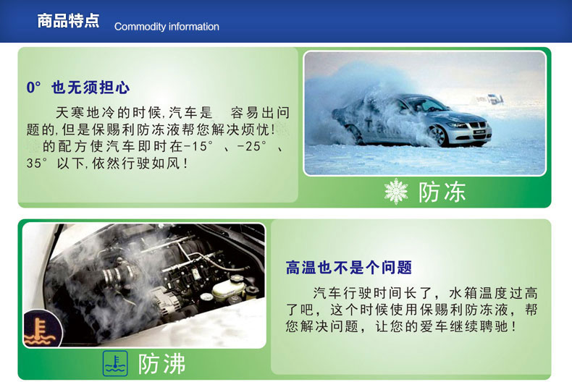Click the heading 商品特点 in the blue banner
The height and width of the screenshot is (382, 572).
point(68,21)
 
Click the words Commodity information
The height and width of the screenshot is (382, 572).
point(167,27)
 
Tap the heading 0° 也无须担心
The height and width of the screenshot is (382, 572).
point(78,88)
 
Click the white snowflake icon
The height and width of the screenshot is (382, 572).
point(396,191)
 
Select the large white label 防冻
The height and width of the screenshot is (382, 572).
point(442,192)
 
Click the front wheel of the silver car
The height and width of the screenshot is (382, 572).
point(438,135)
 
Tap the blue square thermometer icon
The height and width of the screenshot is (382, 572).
point(115,363)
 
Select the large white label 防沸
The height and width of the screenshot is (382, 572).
point(161,363)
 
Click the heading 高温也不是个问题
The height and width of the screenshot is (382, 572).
point(349,268)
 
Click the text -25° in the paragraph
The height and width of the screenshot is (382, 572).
point(252,147)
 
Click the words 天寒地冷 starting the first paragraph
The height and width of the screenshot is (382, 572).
point(85,113)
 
